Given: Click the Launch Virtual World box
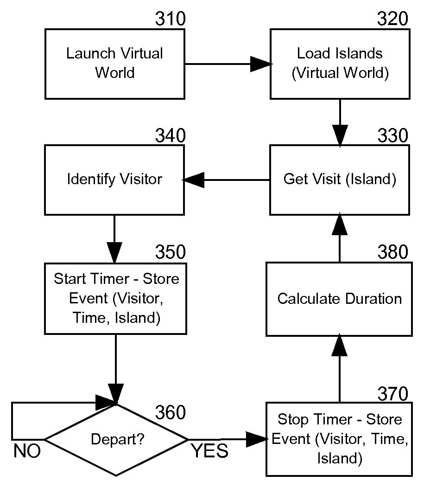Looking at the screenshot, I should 115,64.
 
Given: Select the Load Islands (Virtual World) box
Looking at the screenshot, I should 340,64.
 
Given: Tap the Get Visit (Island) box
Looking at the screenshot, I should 340,180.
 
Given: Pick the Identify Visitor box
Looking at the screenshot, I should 114,180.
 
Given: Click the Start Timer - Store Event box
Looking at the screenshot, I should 115,299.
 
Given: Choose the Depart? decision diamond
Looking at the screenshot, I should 116,439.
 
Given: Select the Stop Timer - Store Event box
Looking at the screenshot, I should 339,439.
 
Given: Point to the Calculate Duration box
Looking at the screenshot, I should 339,299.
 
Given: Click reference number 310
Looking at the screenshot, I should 170,19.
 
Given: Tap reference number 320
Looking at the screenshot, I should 393,19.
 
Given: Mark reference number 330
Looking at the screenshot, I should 393,136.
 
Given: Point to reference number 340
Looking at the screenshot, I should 170,136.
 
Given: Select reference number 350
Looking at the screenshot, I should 170,252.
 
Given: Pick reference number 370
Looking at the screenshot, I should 393,394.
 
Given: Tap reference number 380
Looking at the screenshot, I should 393,252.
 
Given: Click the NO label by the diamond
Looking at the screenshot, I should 27,451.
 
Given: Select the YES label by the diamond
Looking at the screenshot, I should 210,451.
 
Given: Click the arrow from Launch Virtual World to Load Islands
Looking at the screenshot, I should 227,64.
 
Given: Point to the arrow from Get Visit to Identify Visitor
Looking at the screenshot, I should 227,180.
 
